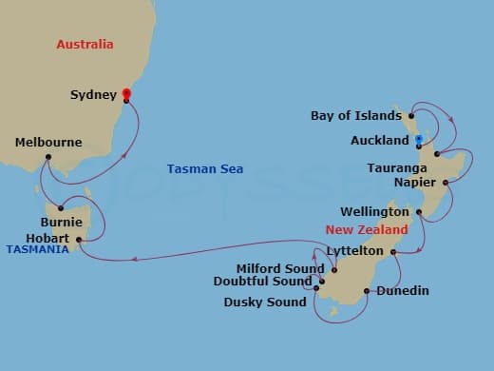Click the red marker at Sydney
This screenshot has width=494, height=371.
tap(126, 93)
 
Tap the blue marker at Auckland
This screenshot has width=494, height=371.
tap(418, 141)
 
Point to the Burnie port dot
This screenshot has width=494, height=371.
tap(60, 207)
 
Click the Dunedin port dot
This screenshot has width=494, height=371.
tap(367, 290)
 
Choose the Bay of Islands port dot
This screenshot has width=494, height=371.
tap(411, 116)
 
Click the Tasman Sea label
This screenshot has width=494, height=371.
tap(199, 169)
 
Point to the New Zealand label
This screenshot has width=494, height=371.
tap(367, 230)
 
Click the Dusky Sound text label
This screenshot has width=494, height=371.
tap(265, 303)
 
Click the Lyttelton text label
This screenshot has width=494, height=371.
tap(354, 252)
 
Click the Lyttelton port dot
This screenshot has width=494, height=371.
tap(392, 252)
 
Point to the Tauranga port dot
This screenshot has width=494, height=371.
tap(436, 153)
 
